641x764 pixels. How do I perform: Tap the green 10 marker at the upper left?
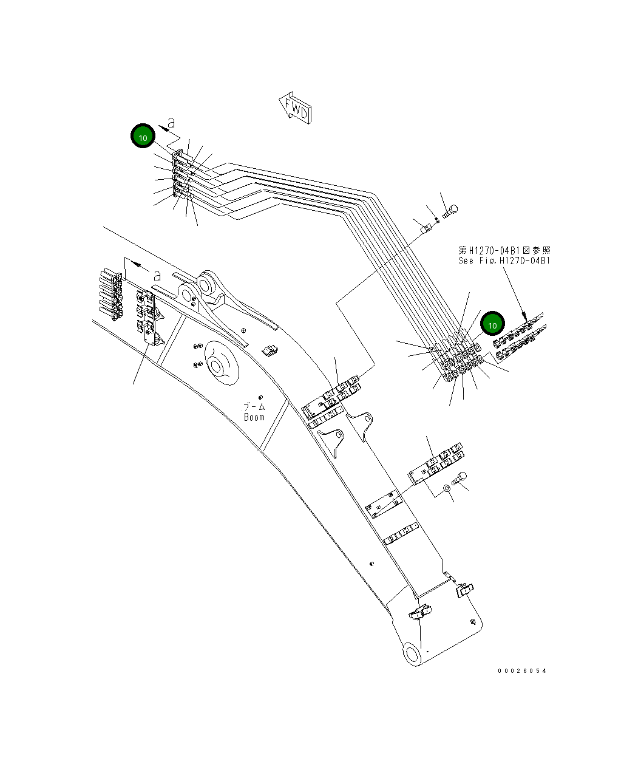pyautogui.click(x=143, y=137)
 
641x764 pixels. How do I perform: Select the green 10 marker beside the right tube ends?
pyautogui.click(x=492, y=324)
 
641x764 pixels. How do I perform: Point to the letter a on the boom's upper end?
pyautogui.click(x=156, y=276)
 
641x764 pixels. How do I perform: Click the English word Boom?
pyautogui.click(x=254, y=417)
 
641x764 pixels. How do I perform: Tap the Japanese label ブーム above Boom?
pyautogui.click(x=254, y=406)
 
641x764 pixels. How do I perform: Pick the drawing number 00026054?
pyautogui.click(x=521, y=670)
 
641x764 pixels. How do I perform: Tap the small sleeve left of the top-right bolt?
pyautogui.click(x=427, y=229)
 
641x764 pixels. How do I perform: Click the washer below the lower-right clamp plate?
pyautogui.click(x=447, y=486)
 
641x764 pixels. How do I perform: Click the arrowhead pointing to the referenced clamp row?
pyautogui.click(x=524, y=316)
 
